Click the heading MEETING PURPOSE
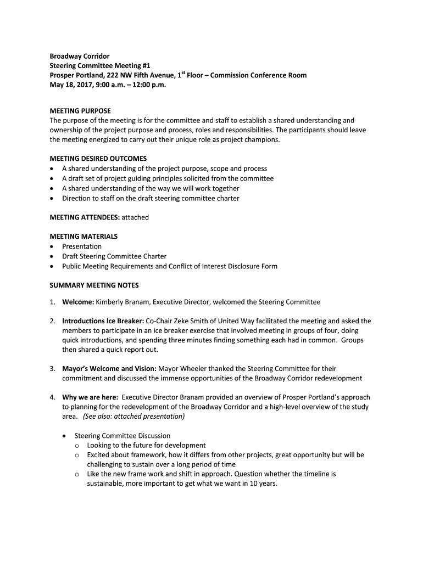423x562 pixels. click(x=80, y=111)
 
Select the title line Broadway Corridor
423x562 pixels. click(x=80, y=57)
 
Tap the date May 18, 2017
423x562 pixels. click(x=70, y=85)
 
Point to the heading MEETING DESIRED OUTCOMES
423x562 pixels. click(x=98, y=159)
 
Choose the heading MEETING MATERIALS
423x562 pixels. click(x=84, y=237)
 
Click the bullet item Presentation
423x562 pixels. click(x=82, y=246)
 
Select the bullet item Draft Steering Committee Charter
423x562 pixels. click(x=114, y=256)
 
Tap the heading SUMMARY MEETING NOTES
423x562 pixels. click(x=94, y=285)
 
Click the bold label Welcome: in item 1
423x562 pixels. click(x=78, y=302)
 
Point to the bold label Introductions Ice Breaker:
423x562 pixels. click(x=103, y=321)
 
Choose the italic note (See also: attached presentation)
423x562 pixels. click(x=134, y=417)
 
